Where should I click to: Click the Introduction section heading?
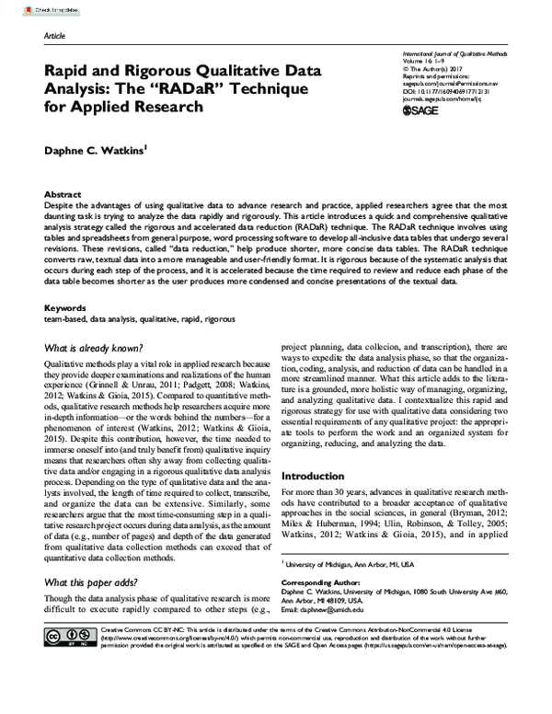pyautogui.click(x=315, y=476)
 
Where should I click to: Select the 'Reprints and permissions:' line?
pyautogui.click(x=436, y=75)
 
